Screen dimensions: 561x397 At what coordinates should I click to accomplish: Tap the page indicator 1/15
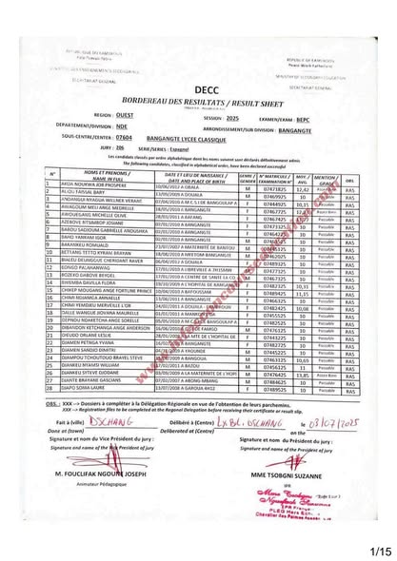pos(380,549)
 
